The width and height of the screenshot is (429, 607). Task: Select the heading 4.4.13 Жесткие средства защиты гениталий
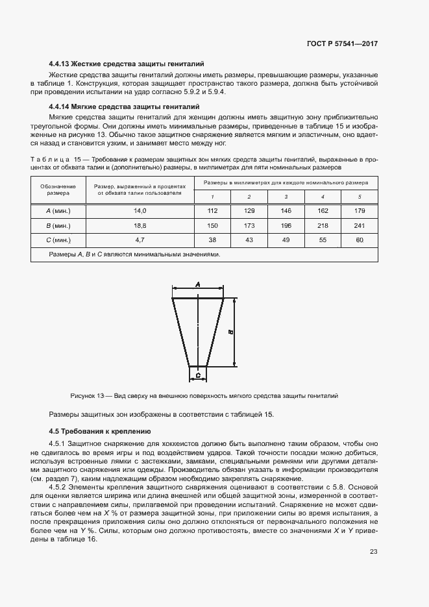(x=127, y=64)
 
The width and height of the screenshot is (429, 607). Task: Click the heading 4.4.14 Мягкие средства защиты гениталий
(x=123, y=106)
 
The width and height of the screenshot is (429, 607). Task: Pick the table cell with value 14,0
(x=140, y=211)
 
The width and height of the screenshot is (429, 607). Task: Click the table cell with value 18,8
(x=140, y=225)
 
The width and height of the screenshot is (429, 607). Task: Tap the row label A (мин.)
(x=58, y=211)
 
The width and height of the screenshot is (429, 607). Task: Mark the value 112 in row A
(x=212, y=211)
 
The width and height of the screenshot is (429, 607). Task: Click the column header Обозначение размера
(x=58, y=190)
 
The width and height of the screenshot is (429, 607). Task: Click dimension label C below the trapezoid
(x=198, y=375)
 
